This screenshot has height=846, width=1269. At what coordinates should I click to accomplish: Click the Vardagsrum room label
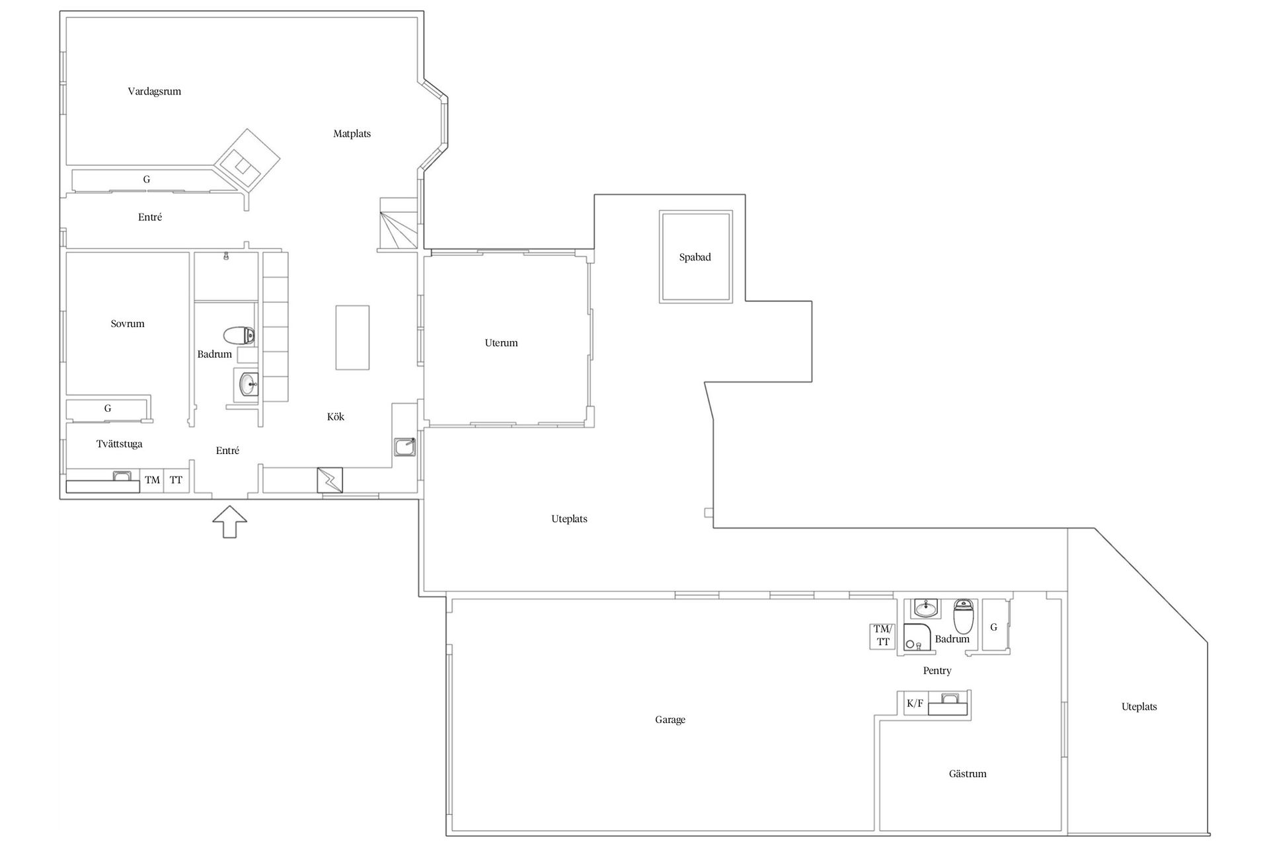click(x=155, y=91)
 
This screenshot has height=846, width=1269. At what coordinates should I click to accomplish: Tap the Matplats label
click(x=352, y=134)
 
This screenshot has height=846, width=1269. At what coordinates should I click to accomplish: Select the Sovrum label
click(x=128, y=323)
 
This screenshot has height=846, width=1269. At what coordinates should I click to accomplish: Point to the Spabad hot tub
click(x=695, y=257)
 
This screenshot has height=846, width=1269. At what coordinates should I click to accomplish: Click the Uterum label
click(x=501, y=342)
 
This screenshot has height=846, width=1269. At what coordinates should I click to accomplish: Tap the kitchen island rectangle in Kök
click(x=352, y=337)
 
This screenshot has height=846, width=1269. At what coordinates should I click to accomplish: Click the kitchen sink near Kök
click(x=404, y=447)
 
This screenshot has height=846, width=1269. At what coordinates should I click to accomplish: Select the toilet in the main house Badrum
click(x=239, y=336)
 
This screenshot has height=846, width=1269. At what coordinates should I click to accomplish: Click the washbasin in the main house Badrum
click(x=249, y=384)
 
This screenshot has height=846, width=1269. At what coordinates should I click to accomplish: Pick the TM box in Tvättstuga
click(x=153, y=481)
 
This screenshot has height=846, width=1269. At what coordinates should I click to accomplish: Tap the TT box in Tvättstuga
click(x=176, y=481)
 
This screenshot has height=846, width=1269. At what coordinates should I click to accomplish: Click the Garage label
click(x=670, y=720)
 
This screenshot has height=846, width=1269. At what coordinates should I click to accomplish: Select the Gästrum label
click(x=968, y=773)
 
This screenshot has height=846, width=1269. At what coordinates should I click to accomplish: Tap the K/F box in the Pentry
click(x=915, y=703)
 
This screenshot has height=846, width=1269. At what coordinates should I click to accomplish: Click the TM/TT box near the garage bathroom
click(x=882, y=636)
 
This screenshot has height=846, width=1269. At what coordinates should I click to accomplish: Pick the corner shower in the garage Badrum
click(x=917, y=636)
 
